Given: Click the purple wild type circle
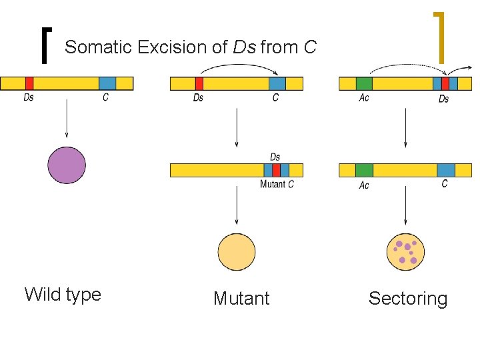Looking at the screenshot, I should pyautogui.click(x=67, y=165).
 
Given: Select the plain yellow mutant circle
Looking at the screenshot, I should pyautogui.click(x=237, y=252).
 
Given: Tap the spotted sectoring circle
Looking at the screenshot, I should pyautogui.click(x=405, y=252).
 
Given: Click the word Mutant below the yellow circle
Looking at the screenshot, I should pyautogui.click(x=241, y=299).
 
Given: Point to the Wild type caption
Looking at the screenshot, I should pyautogui.click(x=63, y=294).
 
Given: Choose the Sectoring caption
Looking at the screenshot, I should pyautogui.click(x=408, y=299).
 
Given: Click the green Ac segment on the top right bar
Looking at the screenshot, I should pyautogui.click(x=364, y=83).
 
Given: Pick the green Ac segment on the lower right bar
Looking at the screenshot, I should pyautogui.click(x=364, y=170).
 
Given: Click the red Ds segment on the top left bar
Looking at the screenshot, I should pyautogui.click(x=29, y=83).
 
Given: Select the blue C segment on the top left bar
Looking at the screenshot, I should pyautogui.click(x=107, y=83).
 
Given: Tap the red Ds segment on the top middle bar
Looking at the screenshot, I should pyautogui.click(x=199, y=83).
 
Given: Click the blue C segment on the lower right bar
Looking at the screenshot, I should pyautogui.click(x=446, y=170).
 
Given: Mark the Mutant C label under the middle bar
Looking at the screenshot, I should pyautogui.click(x=277, y=184).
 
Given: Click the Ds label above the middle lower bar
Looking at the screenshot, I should pyautogui.click(x=275, y=157).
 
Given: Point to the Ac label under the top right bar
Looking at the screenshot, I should pyautogui.click(x=364, y=98).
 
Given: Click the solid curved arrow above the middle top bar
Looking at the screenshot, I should pyautogui.click(x=239, y=66).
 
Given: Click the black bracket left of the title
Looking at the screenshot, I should pyautogui.click(x=45, y=46).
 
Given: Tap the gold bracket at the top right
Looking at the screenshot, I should pyautogui.click(x=439, y=37).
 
